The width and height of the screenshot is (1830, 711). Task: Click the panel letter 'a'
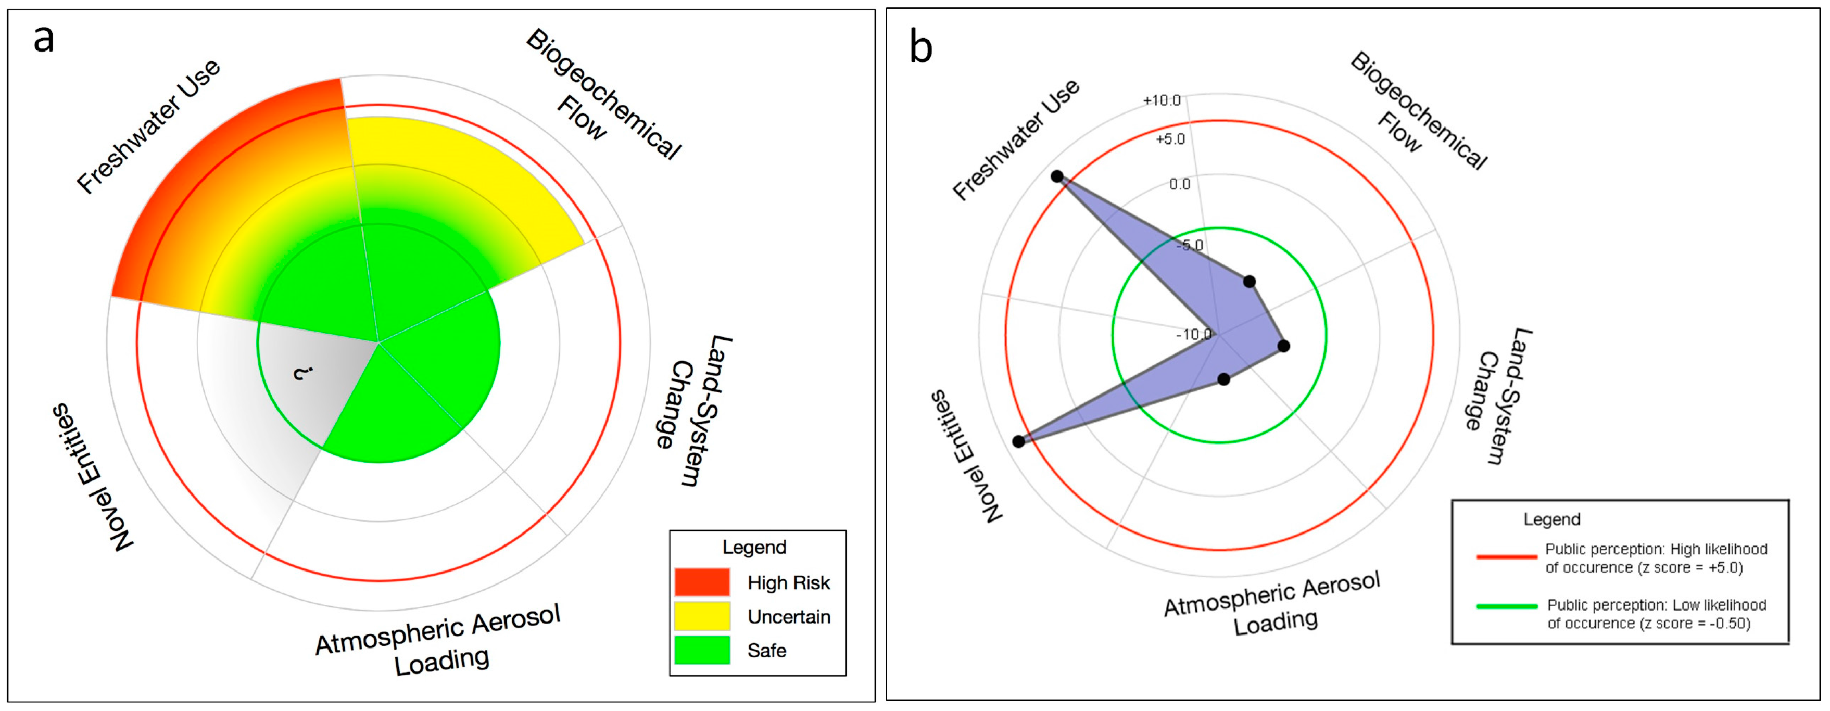pos(43,40)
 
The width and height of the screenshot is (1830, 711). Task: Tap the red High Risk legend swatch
pos(702,582)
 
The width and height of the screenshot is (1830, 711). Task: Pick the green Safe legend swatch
pos(702,650)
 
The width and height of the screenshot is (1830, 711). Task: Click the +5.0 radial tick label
pos(1170,139)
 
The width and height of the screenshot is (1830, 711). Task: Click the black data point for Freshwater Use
pos(1057,176)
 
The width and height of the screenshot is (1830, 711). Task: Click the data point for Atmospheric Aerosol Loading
pos(1223,380)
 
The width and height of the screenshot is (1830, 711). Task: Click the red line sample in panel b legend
pos(1506,557)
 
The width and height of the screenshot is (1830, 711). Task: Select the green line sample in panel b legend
pos(1506,606)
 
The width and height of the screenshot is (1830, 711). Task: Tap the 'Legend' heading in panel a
pos(754,547)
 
